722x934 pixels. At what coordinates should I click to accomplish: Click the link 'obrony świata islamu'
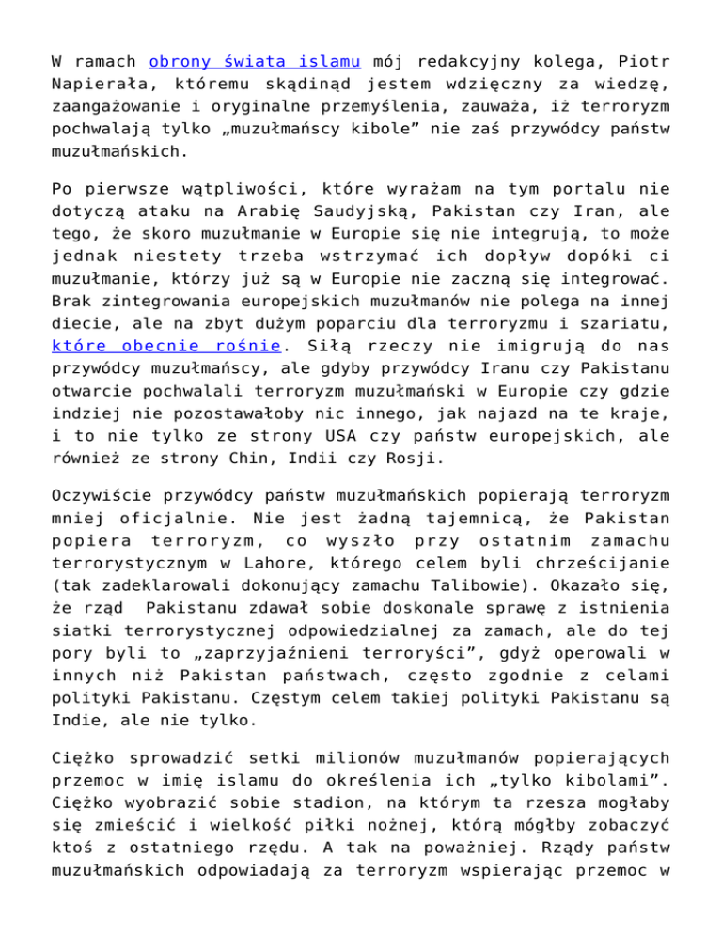(x=256, y=62)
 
